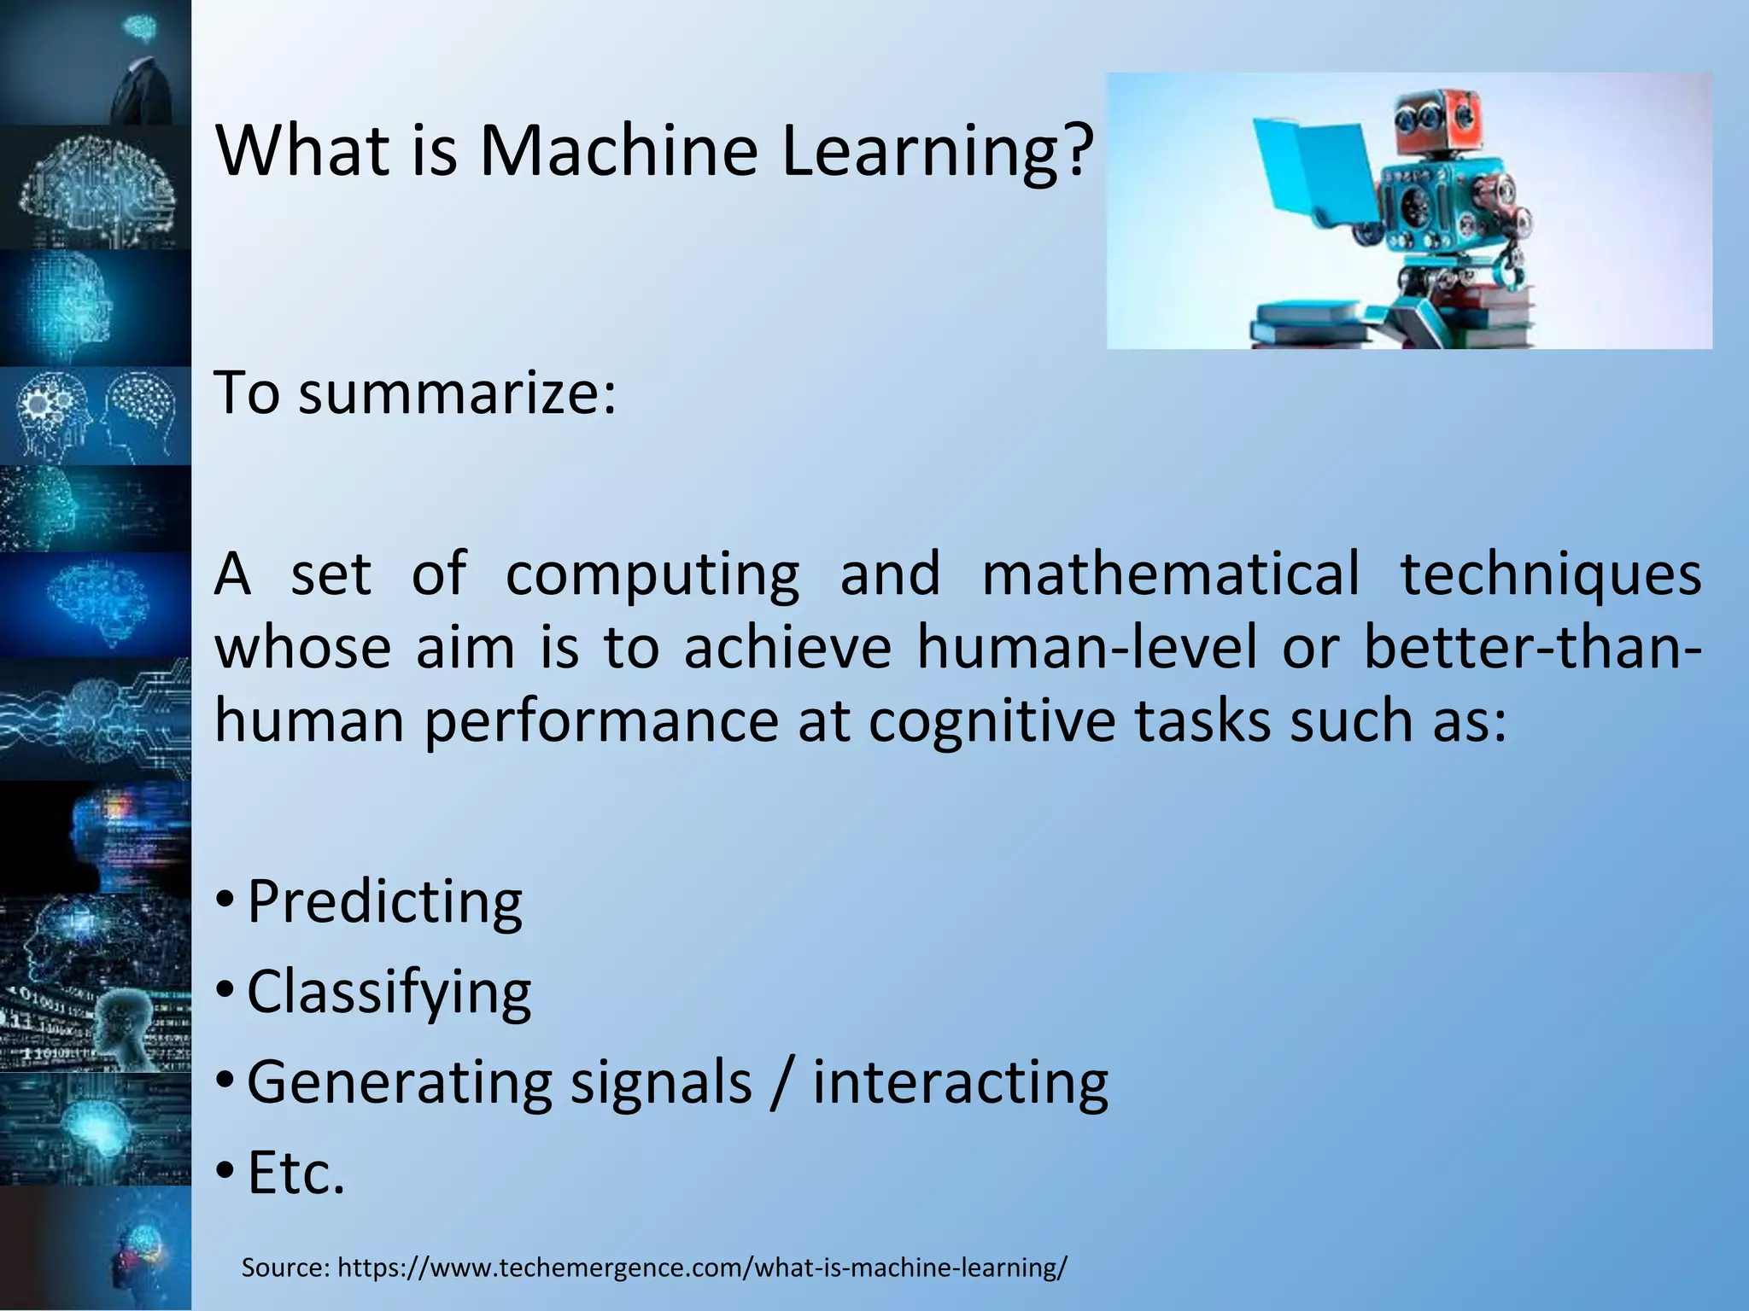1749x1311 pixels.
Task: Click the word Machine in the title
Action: [617, 152]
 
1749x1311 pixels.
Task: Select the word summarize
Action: [455, 394]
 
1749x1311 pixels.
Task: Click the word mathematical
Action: [1170, 574]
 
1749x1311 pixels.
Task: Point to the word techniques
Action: [1550, 574]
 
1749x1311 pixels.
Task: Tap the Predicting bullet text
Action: [384, 902]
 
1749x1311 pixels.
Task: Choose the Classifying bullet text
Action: [389, 993]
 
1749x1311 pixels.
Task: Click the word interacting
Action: [960, 1082]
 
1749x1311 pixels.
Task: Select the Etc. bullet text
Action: [295, 1174]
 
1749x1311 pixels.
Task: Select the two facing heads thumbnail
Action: [95, 416]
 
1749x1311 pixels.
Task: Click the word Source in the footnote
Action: [284, 1267]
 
